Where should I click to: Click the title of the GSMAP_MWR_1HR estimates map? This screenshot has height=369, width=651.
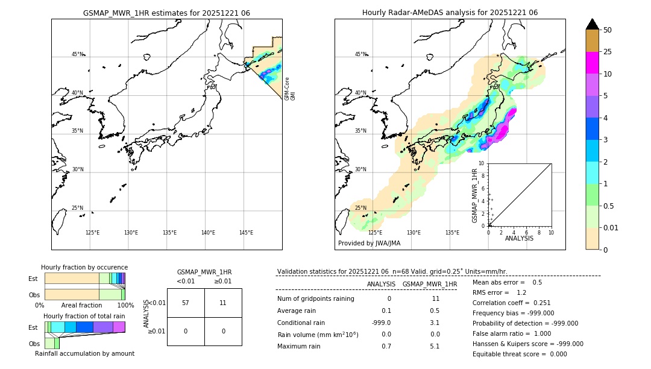click(x=166, y=13)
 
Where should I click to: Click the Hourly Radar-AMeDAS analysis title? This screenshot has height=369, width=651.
click(x=450, y=13)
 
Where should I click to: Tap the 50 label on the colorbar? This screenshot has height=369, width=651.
click(x=608, y=30)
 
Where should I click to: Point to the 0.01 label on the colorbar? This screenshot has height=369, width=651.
click(x=611, y=228)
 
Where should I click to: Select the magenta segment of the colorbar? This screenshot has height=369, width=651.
click(x=592, y=63)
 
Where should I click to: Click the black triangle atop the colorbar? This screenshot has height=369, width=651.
click(x=592, y=24)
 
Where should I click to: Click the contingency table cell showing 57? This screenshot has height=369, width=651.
click(x=186, y=303)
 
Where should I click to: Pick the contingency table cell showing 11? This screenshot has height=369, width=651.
click(x=223, y=303)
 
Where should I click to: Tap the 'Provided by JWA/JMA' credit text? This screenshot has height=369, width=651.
click(x=369, y=243)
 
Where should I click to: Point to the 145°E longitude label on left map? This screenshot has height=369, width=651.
click(x=246, y=233)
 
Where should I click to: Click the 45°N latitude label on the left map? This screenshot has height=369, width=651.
click(x=77, y=54)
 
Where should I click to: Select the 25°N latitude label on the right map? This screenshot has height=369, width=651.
click(x=360, y=208)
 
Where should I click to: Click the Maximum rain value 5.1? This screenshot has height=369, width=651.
click(x=434, y=346)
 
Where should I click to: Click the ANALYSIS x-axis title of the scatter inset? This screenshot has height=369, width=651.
click(x=520, y=238)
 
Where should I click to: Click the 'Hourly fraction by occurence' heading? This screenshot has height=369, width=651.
click(x=84, y=267)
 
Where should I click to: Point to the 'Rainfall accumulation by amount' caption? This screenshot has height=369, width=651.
click(x=84, y=354)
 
